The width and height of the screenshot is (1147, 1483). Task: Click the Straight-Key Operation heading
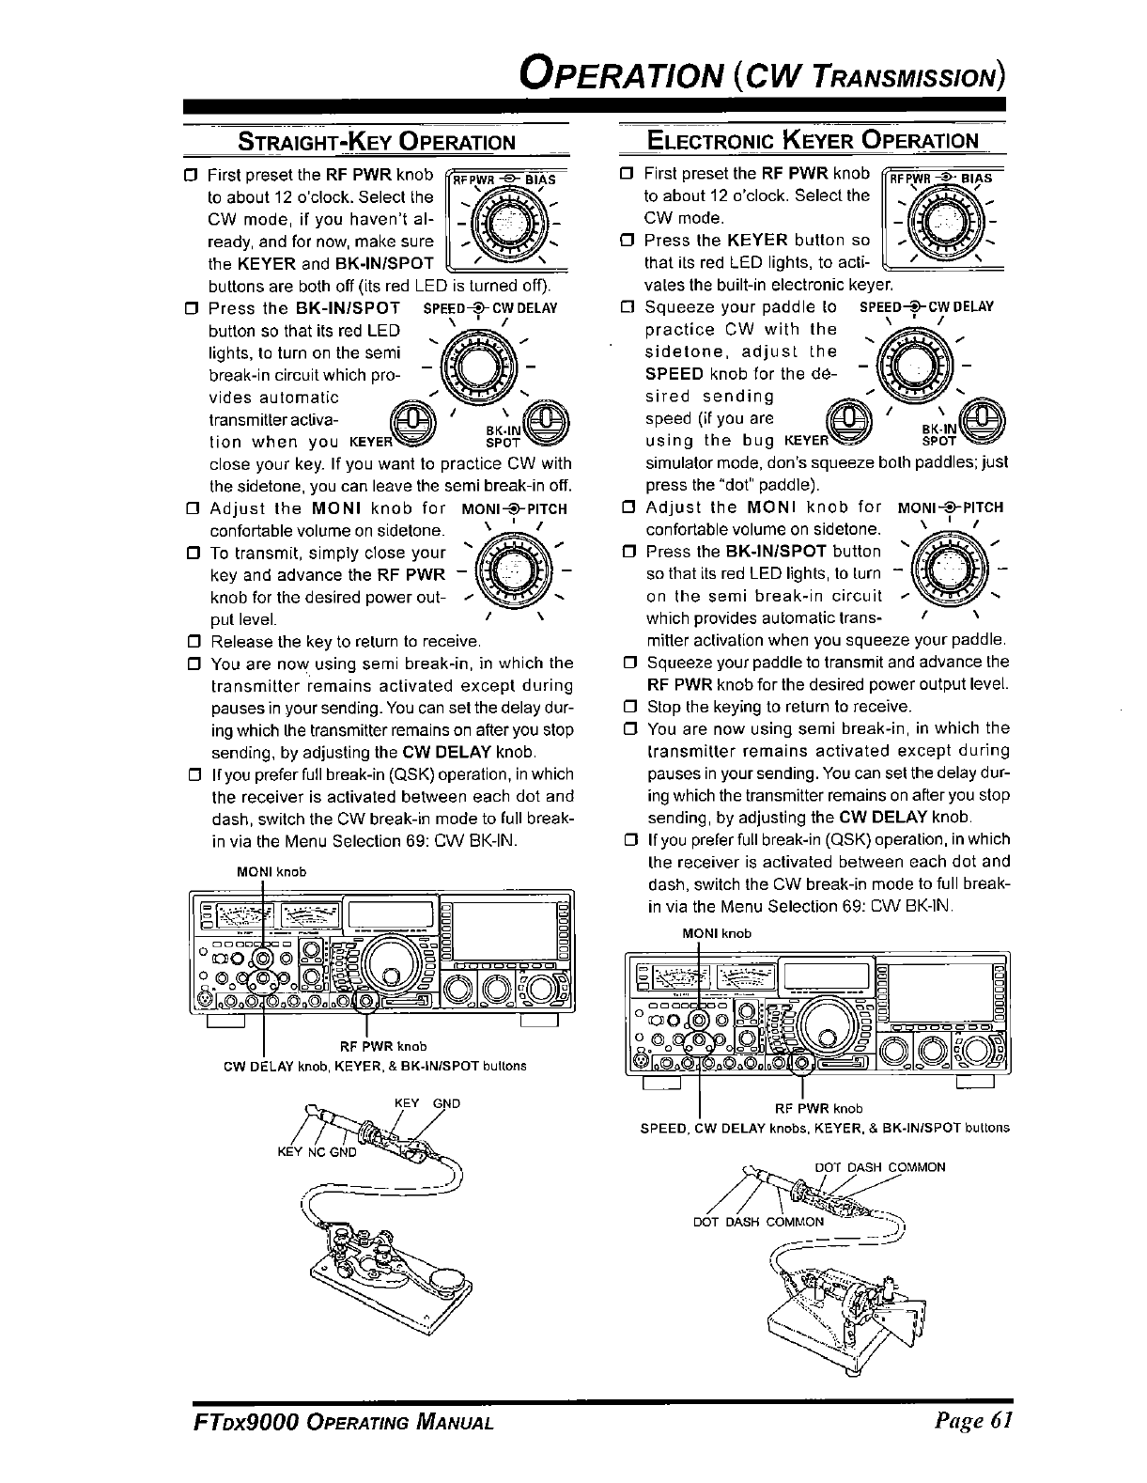(x=377, y=143)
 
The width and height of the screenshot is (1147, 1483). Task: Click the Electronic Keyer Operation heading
(x=813, y=141)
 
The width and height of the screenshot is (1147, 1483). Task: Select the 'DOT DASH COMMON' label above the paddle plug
(x=879, y=1167)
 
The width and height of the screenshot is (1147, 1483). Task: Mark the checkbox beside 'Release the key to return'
(x=194, y=643)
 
